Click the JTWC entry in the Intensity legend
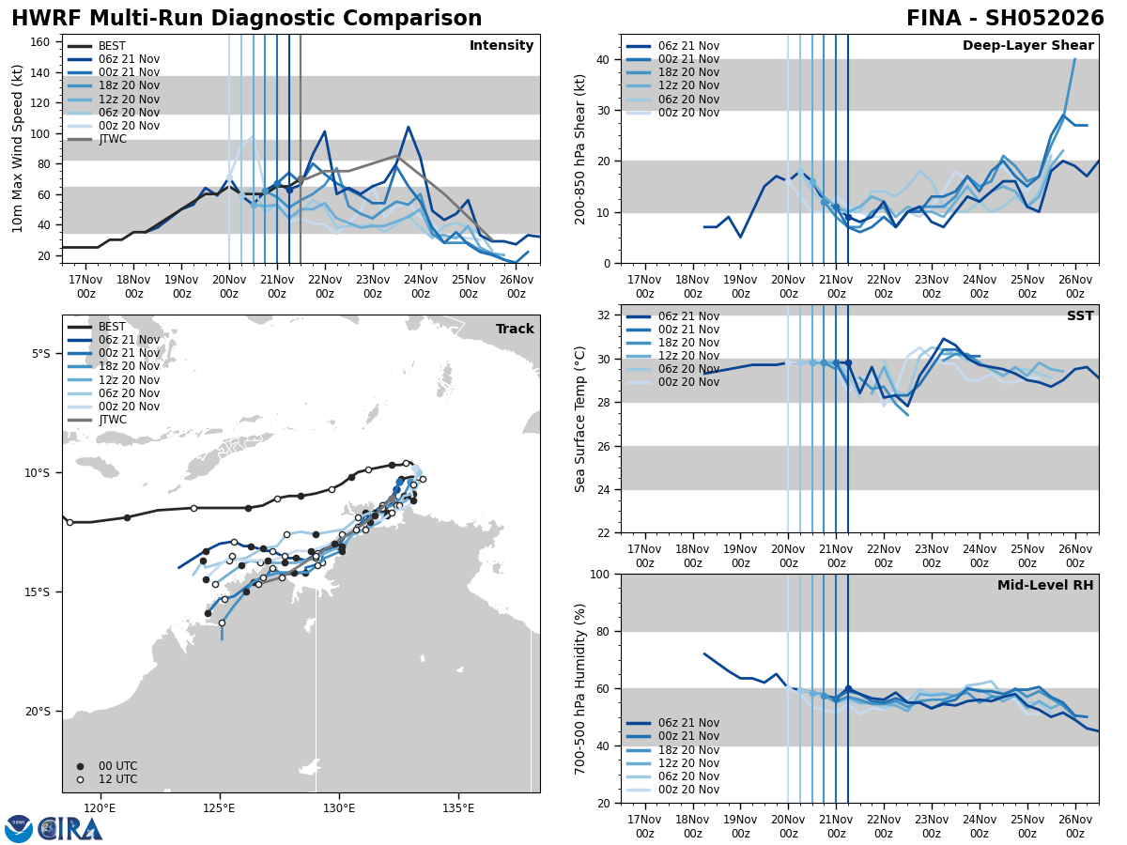[112, 139]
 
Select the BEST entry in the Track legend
[112, 327]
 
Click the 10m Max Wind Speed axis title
[18, 148]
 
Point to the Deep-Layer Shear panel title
[1027, 46]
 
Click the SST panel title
[1080, 316]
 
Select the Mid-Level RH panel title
[1045, 586]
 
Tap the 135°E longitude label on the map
[457, 807]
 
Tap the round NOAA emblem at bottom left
[19, 829]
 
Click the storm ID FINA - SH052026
[1004, 19]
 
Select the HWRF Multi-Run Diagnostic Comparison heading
[246, 19]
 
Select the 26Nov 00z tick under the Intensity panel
[516, 286]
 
